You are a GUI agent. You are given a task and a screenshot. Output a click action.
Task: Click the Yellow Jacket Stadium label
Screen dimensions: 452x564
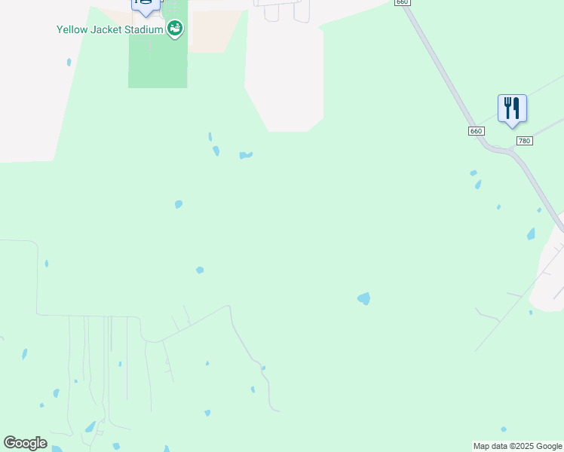click(x=109, y=30)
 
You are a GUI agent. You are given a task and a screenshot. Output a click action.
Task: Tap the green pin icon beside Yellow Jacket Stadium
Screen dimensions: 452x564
click(x=176, y=29)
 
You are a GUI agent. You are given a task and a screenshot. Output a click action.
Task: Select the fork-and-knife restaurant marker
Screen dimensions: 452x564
click(x=512, y=108)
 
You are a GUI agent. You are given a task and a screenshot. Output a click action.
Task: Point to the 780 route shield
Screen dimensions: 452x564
click(x=525, y=141)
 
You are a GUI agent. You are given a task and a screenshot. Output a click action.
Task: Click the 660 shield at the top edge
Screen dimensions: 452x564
click(x=402, y=2)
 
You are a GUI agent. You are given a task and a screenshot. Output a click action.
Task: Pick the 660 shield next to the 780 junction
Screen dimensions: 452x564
click(x=475, y=131)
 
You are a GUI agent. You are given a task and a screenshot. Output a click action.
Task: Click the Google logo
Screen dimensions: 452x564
click(x=25, y=443)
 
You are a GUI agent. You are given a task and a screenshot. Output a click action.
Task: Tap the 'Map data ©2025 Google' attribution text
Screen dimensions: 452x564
click(x=517, y=446)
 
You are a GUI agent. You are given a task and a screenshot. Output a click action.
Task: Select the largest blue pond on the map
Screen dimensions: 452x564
click(x=363, y=298)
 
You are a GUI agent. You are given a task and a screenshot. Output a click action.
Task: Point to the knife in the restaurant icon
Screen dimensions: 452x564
click(x=517, y=107)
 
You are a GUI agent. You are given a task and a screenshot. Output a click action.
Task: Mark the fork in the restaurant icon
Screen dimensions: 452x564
click(x=507, y=106)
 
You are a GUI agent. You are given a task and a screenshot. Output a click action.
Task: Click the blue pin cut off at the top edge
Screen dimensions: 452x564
click(x=146, y=5)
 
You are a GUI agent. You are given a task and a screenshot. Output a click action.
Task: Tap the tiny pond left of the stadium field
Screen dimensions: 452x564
click(x=69, y=63)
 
